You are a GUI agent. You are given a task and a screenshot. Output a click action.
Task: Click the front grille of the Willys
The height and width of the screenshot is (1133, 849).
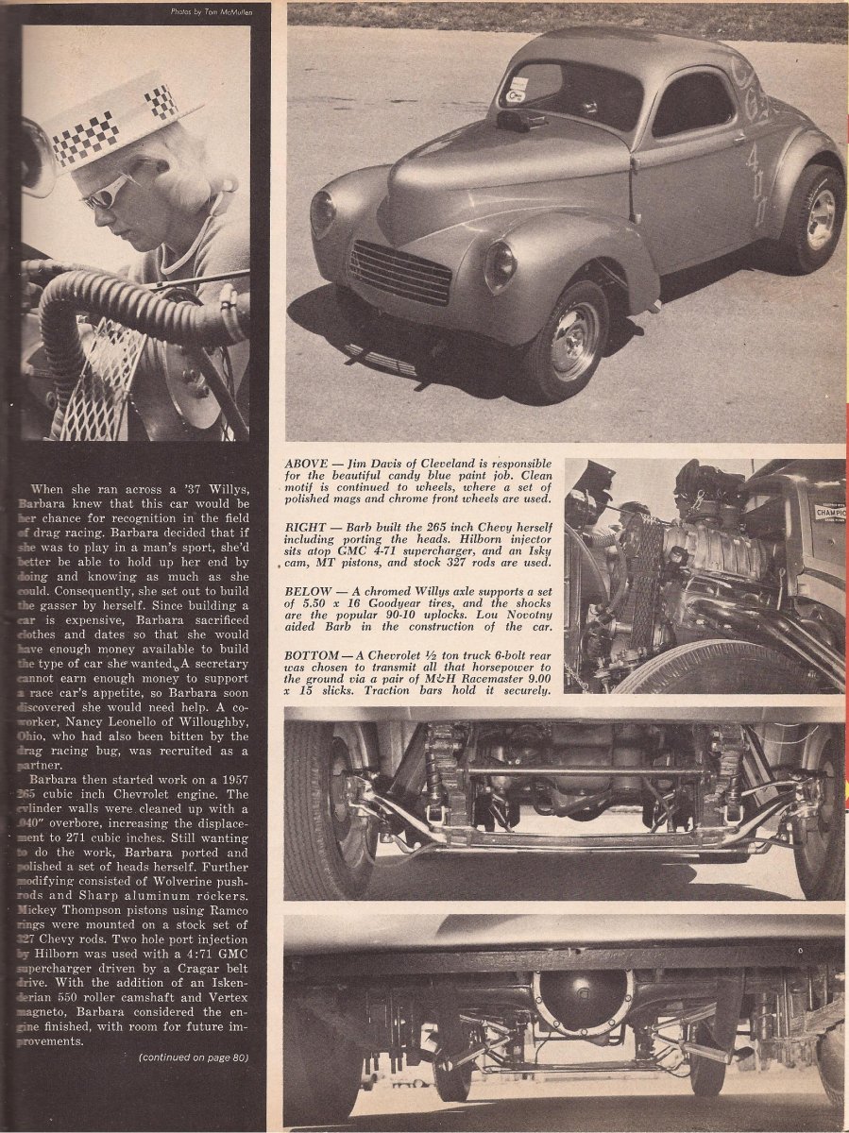pyautogui.click(x=400, y=272)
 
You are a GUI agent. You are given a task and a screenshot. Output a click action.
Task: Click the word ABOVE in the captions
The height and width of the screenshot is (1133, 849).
pyautogui.click(x=309, y=465)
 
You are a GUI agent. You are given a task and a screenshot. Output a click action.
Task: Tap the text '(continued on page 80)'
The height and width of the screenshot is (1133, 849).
pyautogui.click(x=193, y=1057)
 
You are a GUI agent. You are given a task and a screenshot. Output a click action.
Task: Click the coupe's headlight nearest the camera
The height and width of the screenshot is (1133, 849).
pyautogui.click(x=499, y=267)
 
